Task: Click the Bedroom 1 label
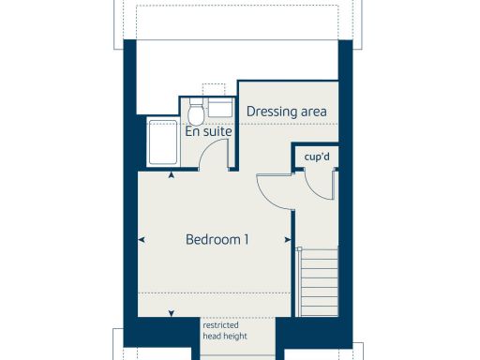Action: pyautogui.click(x=217, y=240)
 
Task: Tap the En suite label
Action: pyautogui.click(x=208, y=132)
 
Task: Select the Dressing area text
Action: pyautogui.click(x=286, y=112)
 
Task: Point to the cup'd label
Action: pyautogui.click(x=317, y=156)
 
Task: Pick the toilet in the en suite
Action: pyautogui.click(x=197, y=112)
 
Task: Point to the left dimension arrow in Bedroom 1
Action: pyautogui.click(x=141, y=240)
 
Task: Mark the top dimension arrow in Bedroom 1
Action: pyautogui.click(x=171, y=175)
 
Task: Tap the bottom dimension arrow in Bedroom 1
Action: pyautogui.click(x=171, y=313)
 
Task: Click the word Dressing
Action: pyautogui.click(x=265, y=112)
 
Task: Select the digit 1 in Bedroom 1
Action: pyautogui.click(x=246, y=240)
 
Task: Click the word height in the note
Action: pyautogui.click(x=232, y=337)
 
